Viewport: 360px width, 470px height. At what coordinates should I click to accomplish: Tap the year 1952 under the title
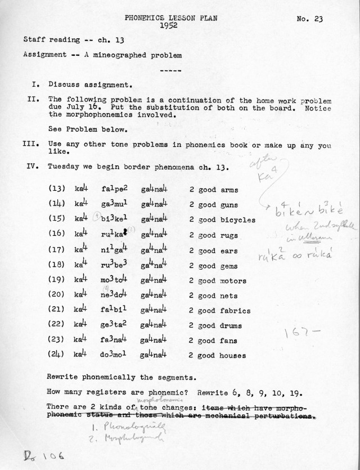click(170, 26)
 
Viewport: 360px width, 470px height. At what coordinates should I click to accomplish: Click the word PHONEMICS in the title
click(146, 19)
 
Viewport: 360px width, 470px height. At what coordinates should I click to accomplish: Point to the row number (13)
click(57, 190)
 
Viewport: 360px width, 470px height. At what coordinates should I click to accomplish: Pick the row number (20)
click(57, 296)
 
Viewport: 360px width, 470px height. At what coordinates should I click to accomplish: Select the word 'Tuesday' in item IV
click(62, 167)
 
